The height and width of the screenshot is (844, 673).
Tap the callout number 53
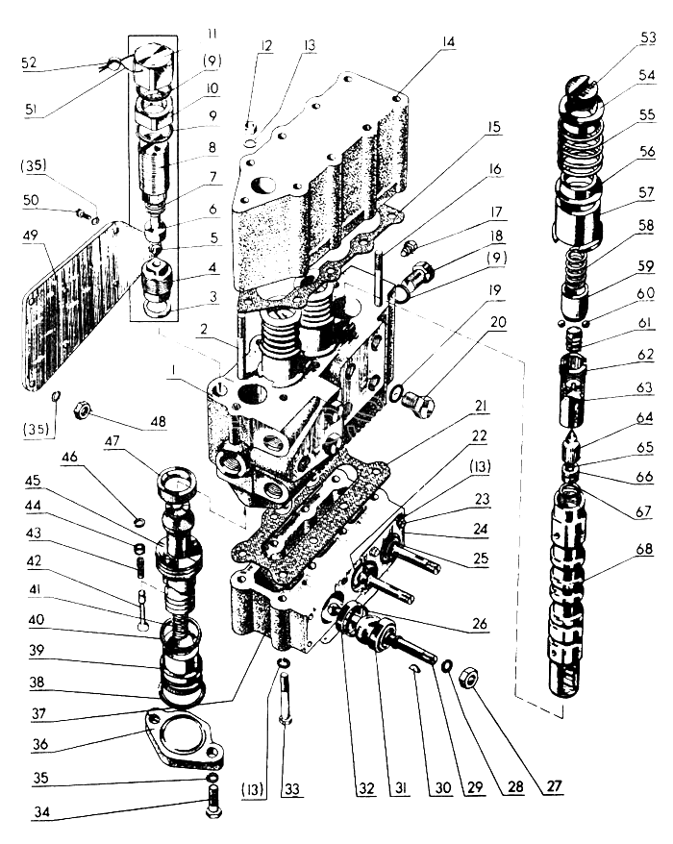pyautogui.click(x=648, y=37)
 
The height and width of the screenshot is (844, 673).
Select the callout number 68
pyautogui.click(x=644, y=549)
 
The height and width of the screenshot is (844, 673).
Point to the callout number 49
pyautogui.click(x=31, y=236)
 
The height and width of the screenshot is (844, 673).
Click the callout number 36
pyautogui.click(x=40, y=744)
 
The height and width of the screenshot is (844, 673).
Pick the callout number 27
pyautogui.click(x=555, y=786)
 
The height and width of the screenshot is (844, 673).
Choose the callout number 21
pyautogui.click(x=481, y=406)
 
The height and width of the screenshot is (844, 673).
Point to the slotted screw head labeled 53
pyautogui.click(x=584, y=87)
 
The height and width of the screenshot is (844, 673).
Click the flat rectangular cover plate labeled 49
pyautogui.click(x=77, y=305)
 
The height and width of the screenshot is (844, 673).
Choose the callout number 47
pyautogui.click(x=112, y=441)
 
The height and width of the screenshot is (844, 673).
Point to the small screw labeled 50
pyautogui.click(x=84, y=214)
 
